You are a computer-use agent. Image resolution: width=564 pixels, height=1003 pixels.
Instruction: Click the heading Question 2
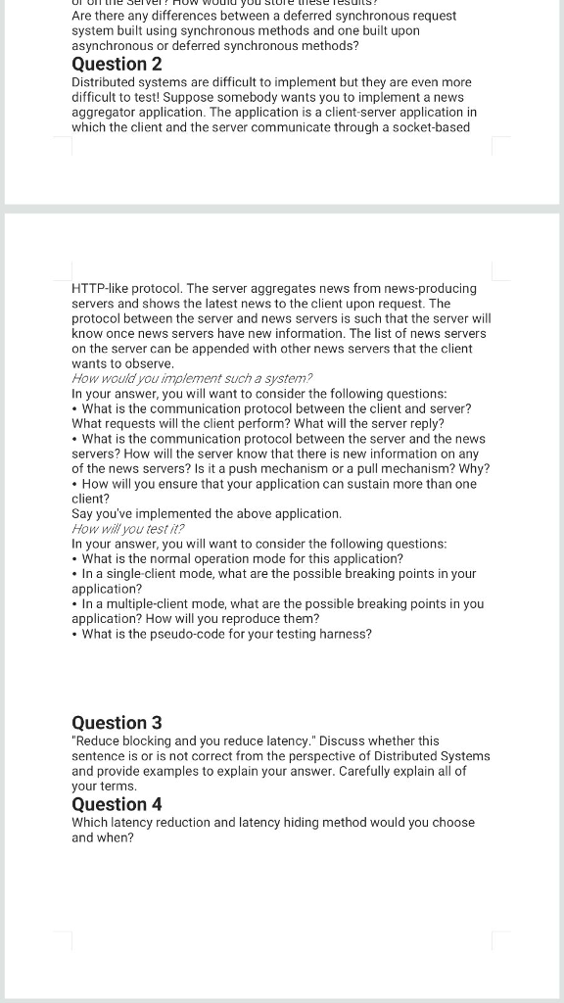coord(117,64)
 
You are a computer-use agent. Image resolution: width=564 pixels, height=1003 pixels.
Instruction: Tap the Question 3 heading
coord(117,723)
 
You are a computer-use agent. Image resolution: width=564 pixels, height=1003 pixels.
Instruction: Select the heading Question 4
coord(117,804)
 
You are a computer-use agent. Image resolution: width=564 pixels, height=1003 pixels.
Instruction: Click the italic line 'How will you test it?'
coord(128,529)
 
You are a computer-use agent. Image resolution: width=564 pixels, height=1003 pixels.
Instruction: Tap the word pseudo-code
coord(213,635)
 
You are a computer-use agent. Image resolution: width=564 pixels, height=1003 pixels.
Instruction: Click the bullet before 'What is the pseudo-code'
coord(75,635)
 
